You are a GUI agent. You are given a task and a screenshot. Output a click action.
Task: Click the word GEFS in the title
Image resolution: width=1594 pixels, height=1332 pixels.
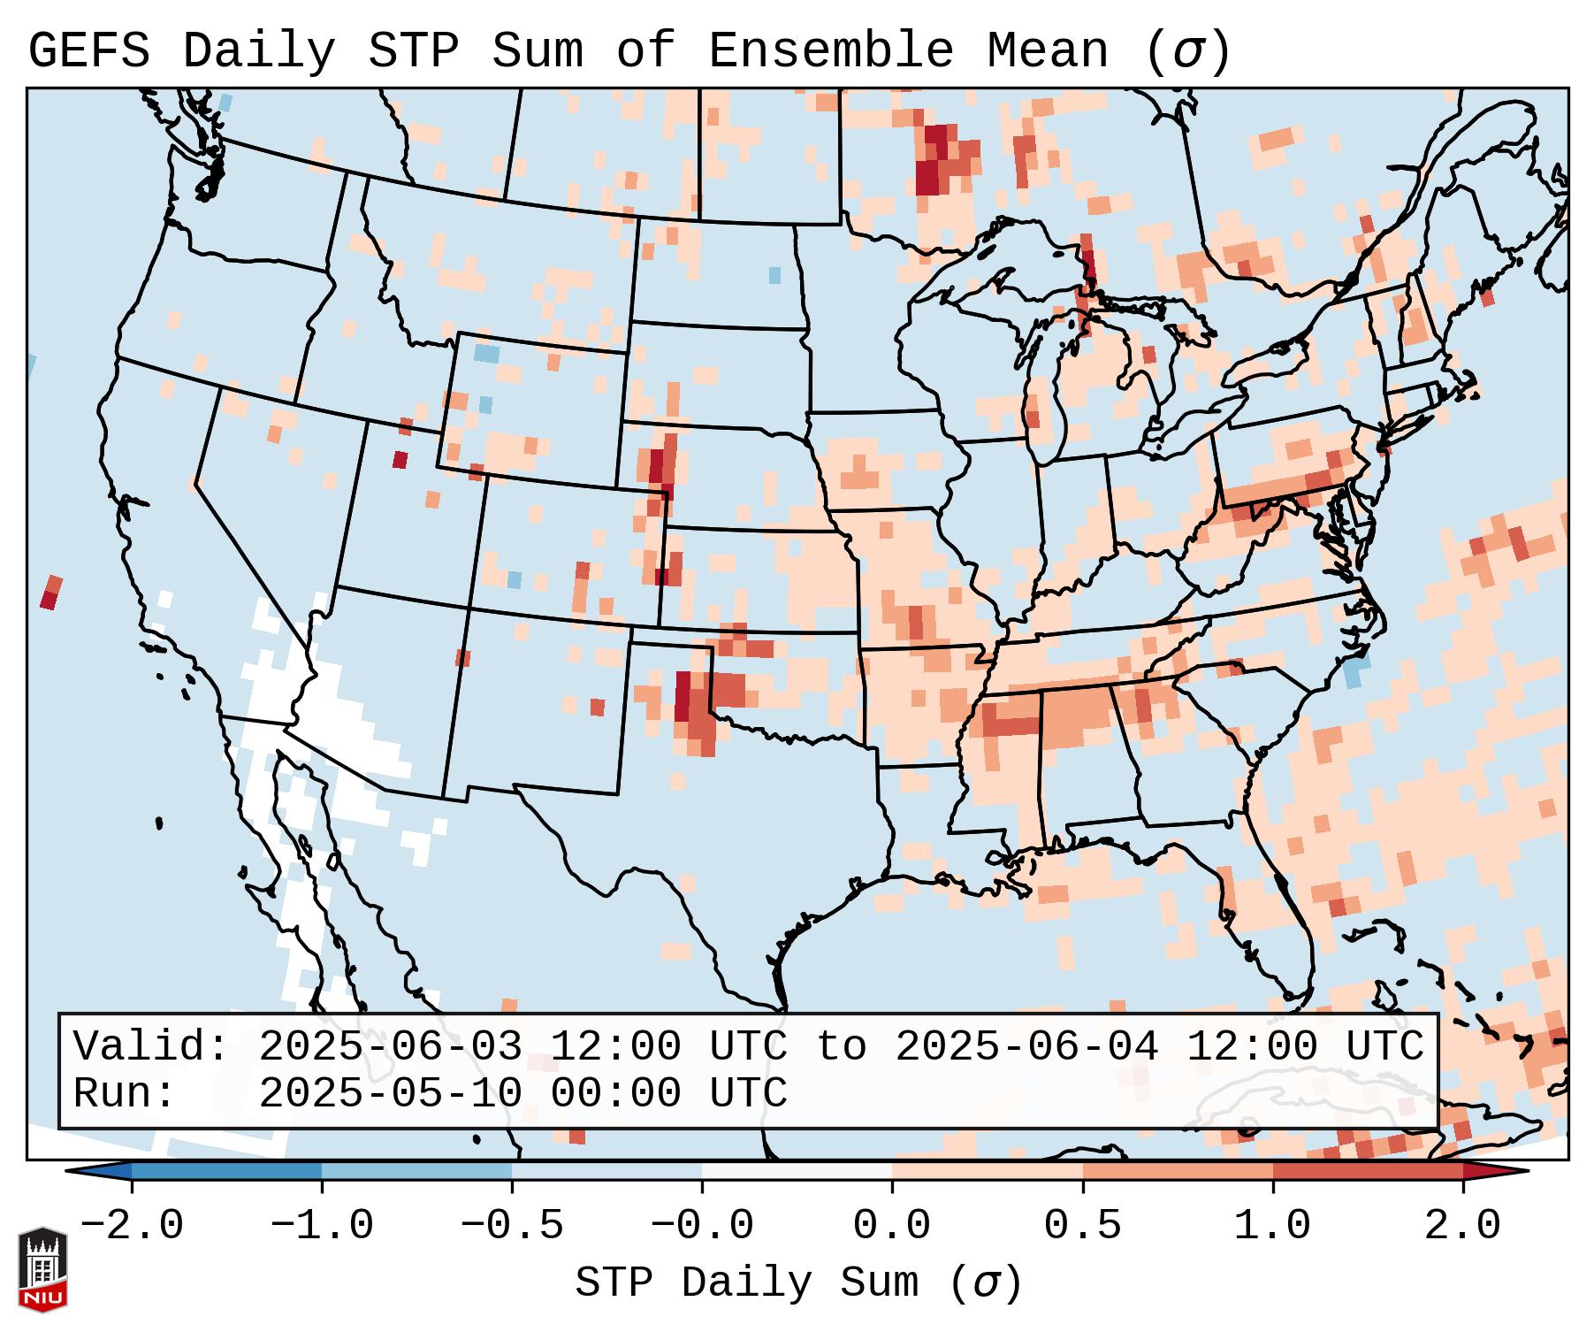pos(88,51)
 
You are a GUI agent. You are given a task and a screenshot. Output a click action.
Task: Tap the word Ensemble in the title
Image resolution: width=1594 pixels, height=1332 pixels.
pos(830,51)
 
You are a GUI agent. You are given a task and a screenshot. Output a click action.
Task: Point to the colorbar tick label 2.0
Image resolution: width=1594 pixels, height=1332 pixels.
pos(1462,1226)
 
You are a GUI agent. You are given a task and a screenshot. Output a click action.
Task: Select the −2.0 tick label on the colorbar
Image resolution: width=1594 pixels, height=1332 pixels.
pos(132,1226)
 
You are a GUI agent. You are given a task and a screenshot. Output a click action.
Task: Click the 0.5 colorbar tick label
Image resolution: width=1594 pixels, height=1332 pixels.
pos(1082,1226)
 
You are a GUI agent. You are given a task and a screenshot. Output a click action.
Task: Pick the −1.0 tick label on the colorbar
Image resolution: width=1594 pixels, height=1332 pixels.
pos(322,1226)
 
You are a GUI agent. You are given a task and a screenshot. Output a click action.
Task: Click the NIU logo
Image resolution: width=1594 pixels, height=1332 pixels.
pos(42,1268)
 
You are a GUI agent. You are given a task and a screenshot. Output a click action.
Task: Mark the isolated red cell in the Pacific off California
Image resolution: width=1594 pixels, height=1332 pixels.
pos(50,593)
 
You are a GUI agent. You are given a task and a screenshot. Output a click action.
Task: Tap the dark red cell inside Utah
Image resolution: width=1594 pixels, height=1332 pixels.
pos(400,460)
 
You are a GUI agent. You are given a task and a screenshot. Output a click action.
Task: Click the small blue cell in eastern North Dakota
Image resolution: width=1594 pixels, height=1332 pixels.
pos(775,275)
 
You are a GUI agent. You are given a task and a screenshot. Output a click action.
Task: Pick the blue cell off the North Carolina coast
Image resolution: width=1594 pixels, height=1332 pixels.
pos(1354,671)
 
